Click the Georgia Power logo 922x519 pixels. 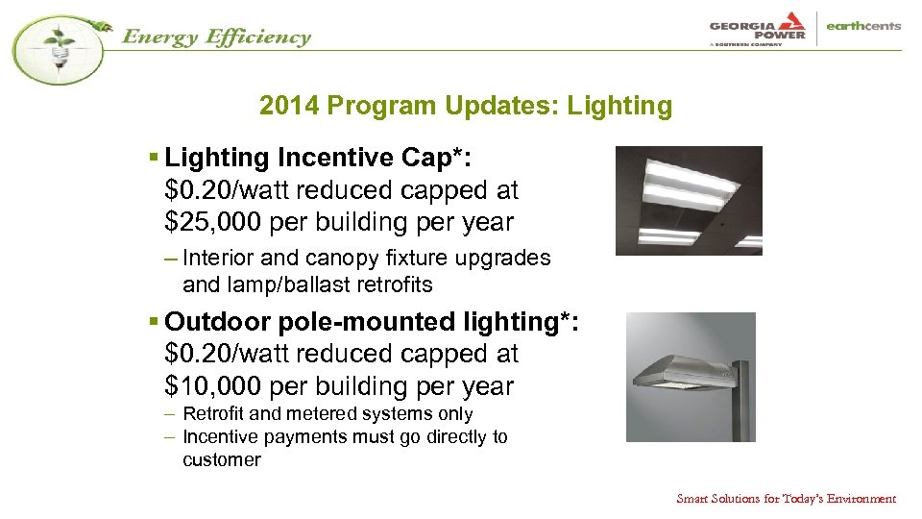tap(758, 28)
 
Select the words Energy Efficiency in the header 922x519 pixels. tap(215, 37)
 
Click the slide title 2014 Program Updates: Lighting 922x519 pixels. tap(466, 106)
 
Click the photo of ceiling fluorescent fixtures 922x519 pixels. tap(688, 200)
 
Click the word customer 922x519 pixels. tap(221, 459)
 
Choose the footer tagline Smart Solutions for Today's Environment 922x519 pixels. tap(786, 498)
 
